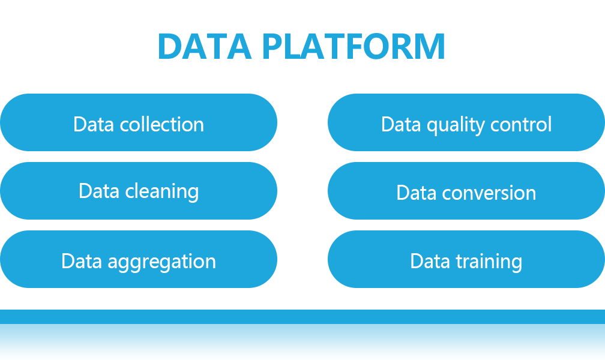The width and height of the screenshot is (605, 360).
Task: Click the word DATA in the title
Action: coord(205,46)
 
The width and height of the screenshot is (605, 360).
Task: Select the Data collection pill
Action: coord(139,122)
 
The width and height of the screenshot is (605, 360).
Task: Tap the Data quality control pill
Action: coord(466,122)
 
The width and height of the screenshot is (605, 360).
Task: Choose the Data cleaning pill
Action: coord(139,191)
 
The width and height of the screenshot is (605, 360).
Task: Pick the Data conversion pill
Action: coord(466,191)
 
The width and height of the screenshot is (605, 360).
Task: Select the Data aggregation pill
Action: coord(139,259)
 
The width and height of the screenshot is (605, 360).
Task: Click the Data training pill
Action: coord(466,259)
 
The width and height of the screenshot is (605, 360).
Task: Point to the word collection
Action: coord(161,124)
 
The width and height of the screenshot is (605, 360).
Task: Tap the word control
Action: coord(521,124)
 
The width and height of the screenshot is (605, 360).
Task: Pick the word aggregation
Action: coord(161,262)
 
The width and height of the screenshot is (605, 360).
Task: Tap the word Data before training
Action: coord(430,261)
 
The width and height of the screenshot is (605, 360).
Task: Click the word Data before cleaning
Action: coord(99,191)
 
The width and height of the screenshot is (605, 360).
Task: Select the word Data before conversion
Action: coord(417,193)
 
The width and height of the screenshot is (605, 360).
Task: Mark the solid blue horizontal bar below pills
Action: coord(302,316)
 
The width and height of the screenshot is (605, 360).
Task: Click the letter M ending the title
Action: coord(430,46)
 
